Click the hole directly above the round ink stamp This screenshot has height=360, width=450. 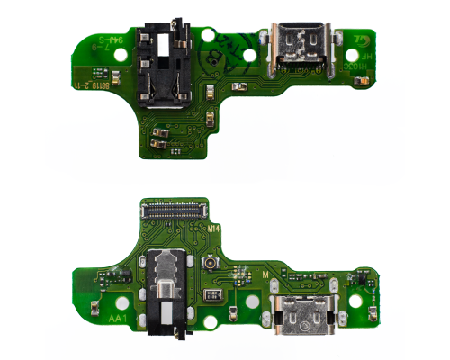click(x=209, y=37)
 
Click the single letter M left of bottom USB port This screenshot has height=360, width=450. click(x=265, y=274)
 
